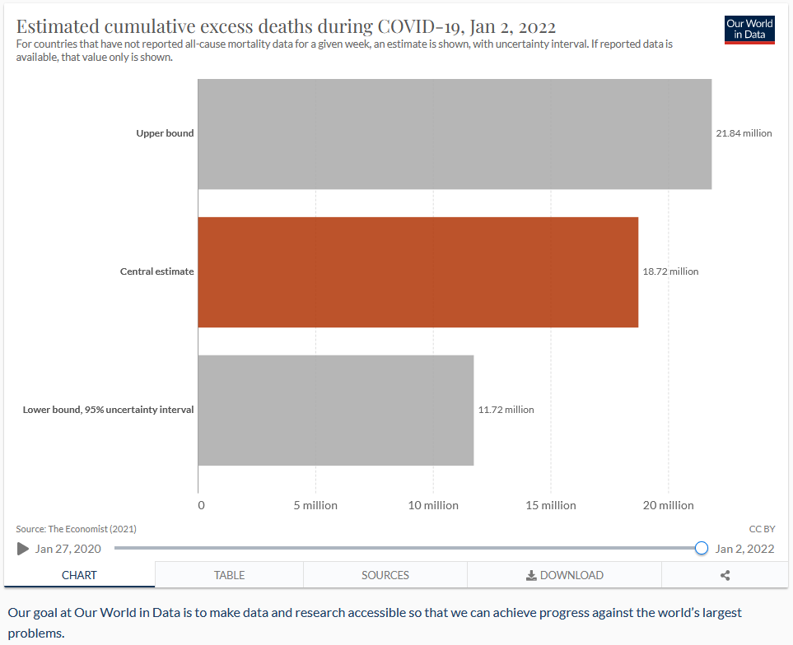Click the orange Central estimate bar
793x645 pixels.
[x=418, y=272]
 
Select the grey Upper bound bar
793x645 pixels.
[x=455, y=134]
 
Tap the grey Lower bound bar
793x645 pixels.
[x=336, y=410]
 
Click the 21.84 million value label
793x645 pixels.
[x=744, y=133]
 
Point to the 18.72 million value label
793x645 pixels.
[x=670, y=271]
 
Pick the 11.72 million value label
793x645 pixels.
[x=506, y=410]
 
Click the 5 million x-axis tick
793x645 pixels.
[x=315, y=505]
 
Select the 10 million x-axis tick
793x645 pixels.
[x=433, y=505]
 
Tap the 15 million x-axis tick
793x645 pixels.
[x=551, y=505]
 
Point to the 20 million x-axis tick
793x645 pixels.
[x=669, y=505]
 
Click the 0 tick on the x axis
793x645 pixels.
[x=201, y=505]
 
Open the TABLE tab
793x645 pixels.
[x=229, y=575]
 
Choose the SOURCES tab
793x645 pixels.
[x=385, y=575]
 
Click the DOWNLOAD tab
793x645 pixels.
[x=564, y=575]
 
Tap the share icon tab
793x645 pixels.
[x=725, y=575]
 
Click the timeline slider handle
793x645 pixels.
[x=701, y=548]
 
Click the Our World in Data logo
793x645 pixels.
[x=749, y=29]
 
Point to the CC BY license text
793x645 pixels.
[x=763, y=529]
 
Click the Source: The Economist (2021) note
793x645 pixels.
[x=77, y=529]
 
